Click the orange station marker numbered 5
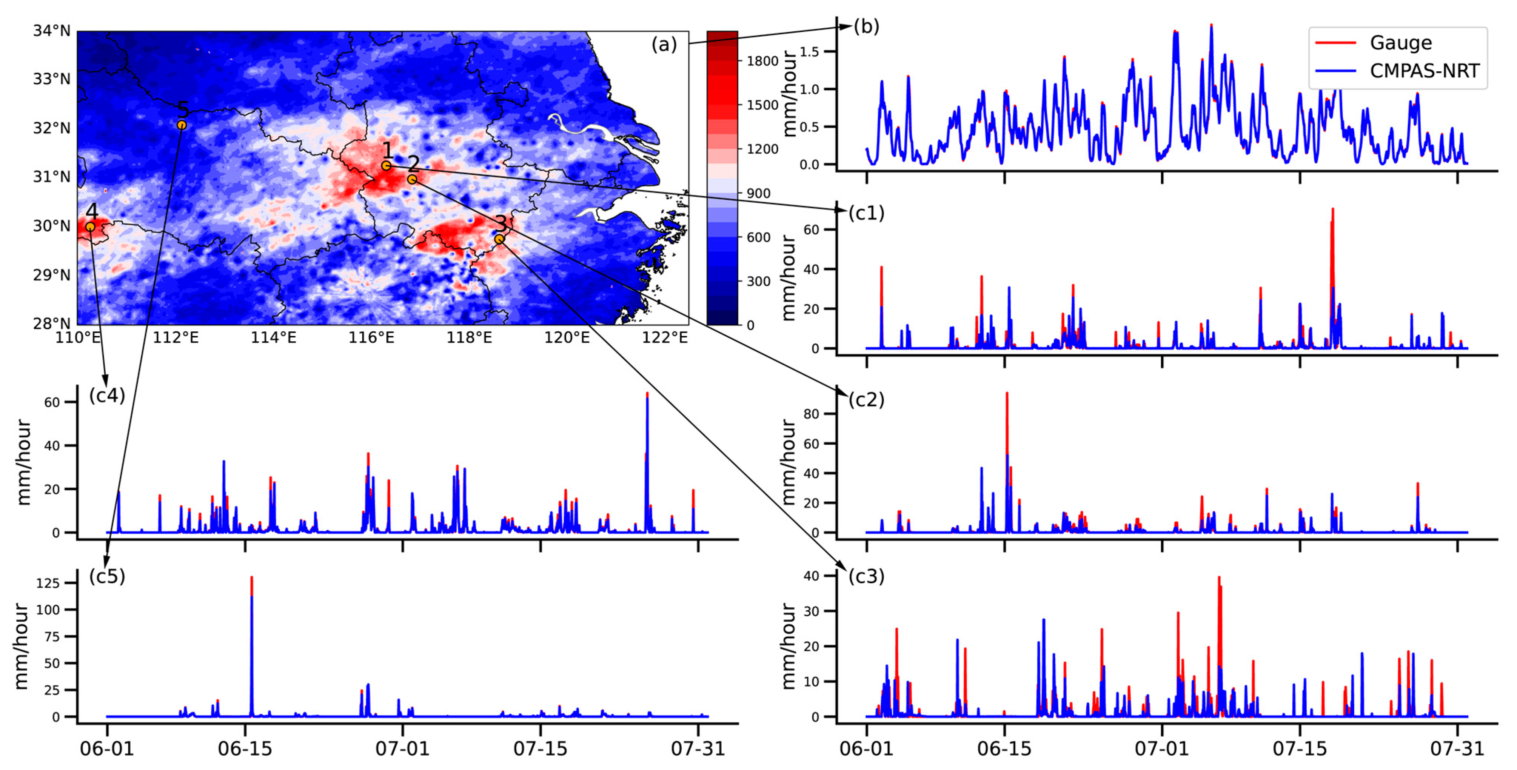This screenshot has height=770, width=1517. point(182,125)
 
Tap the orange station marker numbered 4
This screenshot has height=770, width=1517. point(90,226)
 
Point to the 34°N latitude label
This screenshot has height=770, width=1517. point(51,31)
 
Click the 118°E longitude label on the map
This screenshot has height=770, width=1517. point(469,338)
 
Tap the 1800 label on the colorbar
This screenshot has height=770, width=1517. point(762,61)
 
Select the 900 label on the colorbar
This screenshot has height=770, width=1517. point(759,194)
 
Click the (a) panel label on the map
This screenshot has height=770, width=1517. point(664,45)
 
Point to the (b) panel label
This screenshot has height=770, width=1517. point(866,26)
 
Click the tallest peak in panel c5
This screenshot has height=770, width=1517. point(251,578)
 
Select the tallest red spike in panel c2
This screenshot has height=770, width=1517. point(1006,394)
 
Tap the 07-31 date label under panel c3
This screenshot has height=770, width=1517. point(1457,749)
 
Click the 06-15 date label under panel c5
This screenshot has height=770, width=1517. point(245,749)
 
